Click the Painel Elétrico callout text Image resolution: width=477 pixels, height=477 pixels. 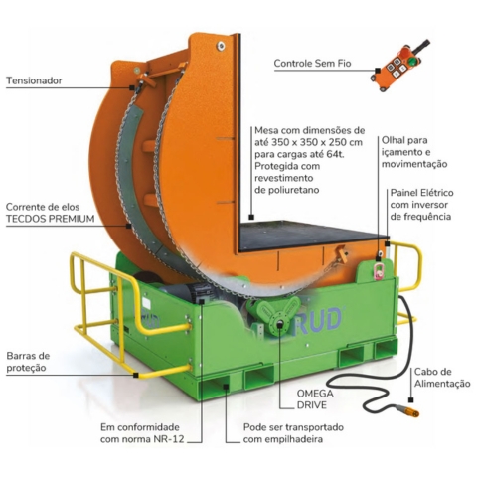pyautogui.click(x=419, y=203)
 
